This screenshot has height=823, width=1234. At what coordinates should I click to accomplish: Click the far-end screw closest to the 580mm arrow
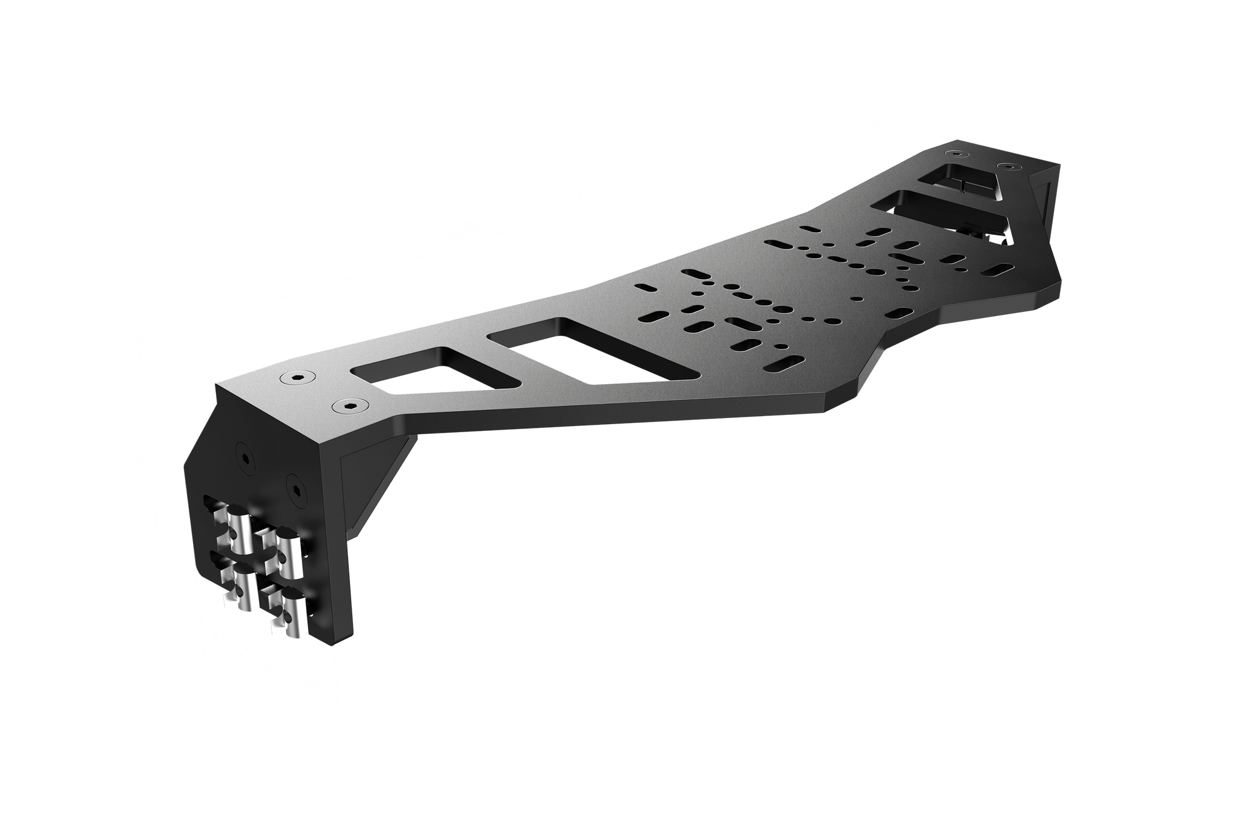(956, 152)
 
